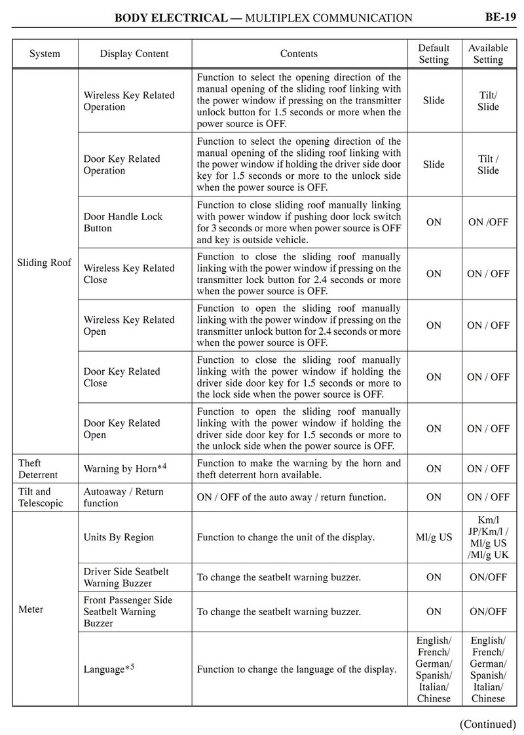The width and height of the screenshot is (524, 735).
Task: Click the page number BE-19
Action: (500, 17)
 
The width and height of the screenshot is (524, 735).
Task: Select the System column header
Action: (45, 54)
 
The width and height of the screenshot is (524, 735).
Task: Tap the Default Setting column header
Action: (434, 54)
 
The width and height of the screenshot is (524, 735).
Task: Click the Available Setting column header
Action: (488, 54)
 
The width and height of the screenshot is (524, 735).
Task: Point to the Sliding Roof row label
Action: (44, 263)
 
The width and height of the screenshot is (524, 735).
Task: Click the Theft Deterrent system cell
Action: (38, 468)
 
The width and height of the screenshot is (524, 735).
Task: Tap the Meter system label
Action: (31, 609)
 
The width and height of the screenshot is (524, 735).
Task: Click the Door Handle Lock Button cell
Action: (123, 222)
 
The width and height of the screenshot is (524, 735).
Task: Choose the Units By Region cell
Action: (119, 537)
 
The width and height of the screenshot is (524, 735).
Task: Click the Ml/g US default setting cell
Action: (434, 537)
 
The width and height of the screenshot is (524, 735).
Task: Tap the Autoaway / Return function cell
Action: (123, 497)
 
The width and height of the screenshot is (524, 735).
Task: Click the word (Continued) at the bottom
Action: (487, 723)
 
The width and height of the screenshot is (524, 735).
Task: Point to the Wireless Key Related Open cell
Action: (129, 326)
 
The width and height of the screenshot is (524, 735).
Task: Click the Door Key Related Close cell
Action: (121, 377)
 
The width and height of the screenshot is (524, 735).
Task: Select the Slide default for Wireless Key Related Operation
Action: (434, 101)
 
